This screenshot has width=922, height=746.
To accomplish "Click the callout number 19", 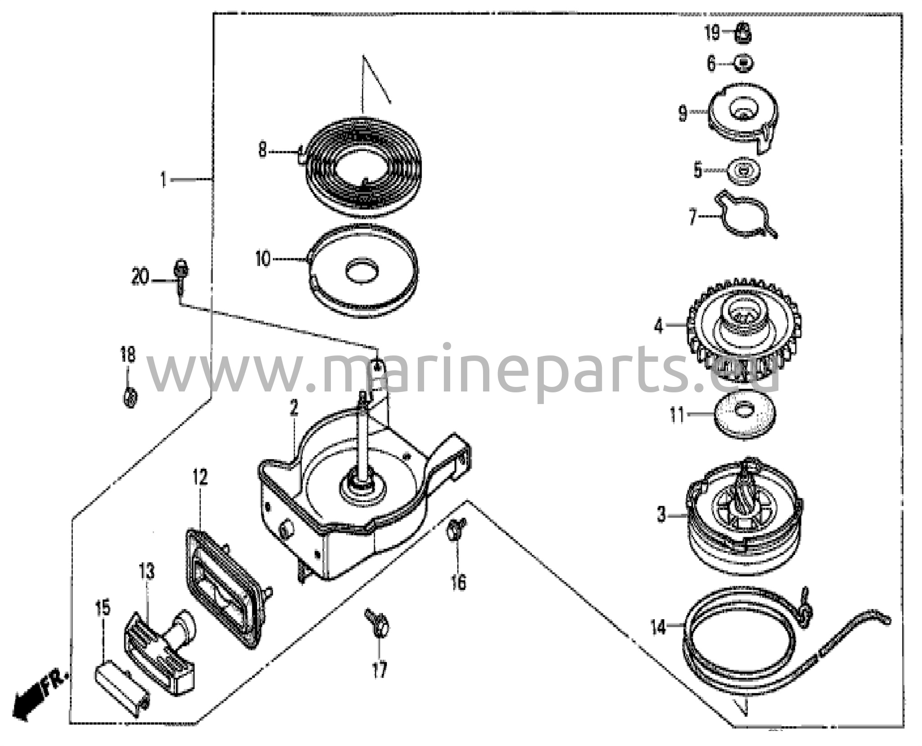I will point(712,33).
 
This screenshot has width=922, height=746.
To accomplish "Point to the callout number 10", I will point(262,259).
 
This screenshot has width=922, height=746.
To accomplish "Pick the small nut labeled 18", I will point(130,398).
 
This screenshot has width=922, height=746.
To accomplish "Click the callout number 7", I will point(693,217).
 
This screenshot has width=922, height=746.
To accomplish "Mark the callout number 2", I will point(294,408).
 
